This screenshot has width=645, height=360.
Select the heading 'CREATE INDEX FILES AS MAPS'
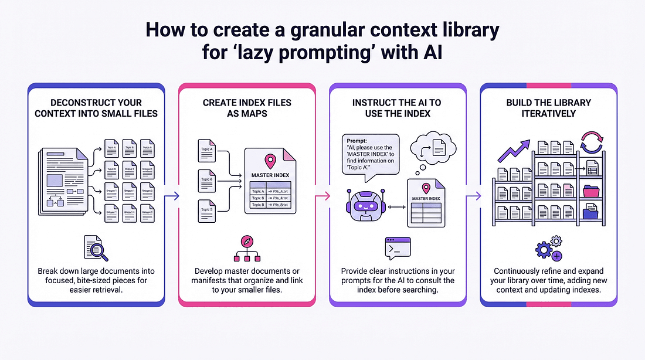(x=247, y=107)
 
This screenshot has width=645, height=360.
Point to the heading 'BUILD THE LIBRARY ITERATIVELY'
(x=548, y=107)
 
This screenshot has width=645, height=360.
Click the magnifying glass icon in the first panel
(x=96, y=248)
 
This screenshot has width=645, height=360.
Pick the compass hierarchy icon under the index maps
(x=247, y=249)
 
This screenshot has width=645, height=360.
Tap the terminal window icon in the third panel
(x=397, y=248)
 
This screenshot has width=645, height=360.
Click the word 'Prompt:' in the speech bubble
(x=360, y=141)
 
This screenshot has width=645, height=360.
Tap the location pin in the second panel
(x=270, y=160)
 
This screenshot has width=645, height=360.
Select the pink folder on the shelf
(x=590, y=191)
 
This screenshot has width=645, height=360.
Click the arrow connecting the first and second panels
(x=171, y=197)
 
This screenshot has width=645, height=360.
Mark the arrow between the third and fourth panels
(x=473, y=197)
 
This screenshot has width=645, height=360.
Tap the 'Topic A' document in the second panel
(x=206, y=151)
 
